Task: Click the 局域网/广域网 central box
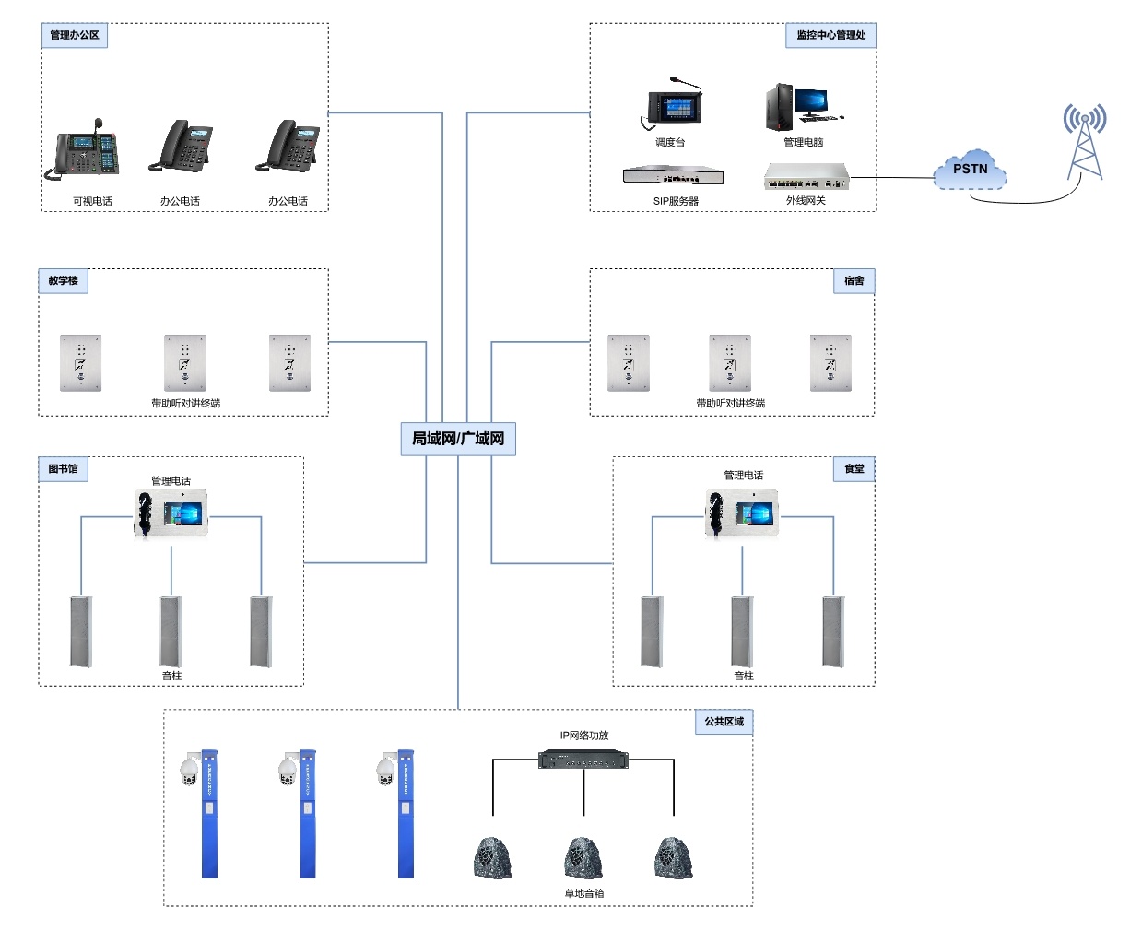point(458,439)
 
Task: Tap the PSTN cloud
point(970,170)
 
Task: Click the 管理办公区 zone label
point(75,35)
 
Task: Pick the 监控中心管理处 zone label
point(830,35)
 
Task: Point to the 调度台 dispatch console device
point(674,104)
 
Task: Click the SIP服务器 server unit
point(673,175)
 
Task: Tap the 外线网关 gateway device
point(806,175)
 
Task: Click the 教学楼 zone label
point(64,280)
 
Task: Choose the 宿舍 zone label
point(854,280)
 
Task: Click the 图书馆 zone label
point(64,468)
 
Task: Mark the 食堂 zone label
point(854,468)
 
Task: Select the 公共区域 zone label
point(724,722)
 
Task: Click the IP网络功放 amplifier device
point(583,760)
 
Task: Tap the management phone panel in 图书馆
point(171,513)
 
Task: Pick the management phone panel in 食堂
point(743,513)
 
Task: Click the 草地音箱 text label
point(584,893)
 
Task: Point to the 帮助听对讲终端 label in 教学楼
point(186,403)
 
